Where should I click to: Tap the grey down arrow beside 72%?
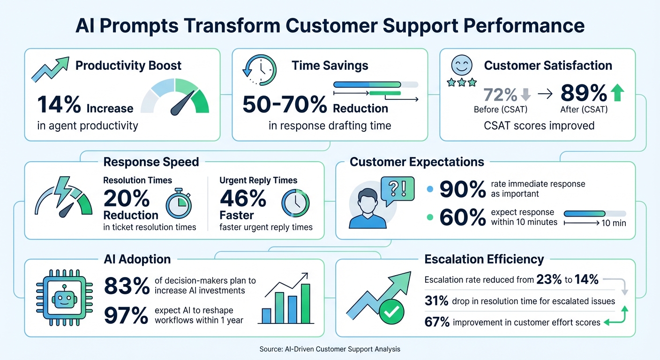tap(525, 94)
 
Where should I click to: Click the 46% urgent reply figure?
tap(243, 199)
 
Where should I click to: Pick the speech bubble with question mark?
tap(398, 189)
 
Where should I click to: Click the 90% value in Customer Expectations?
tap(463, 189)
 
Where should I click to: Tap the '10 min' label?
tap(613, 223)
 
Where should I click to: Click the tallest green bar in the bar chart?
tap(306, 304)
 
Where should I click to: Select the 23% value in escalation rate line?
tap(549, 280)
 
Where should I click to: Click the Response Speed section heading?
tap(151, 162)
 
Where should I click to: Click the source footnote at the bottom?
tap(330, 349)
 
